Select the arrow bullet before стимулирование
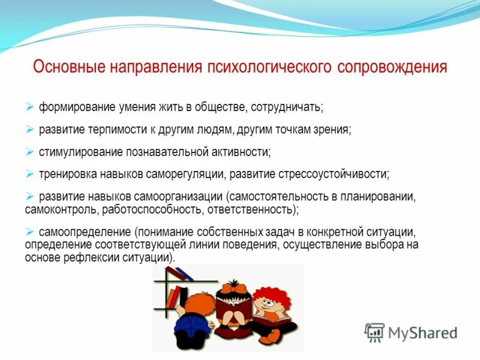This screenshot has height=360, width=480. [30, 151]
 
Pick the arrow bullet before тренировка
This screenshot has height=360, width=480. [30, 173]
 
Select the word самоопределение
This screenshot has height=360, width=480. [85, 232]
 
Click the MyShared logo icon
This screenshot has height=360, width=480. [374, 332]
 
